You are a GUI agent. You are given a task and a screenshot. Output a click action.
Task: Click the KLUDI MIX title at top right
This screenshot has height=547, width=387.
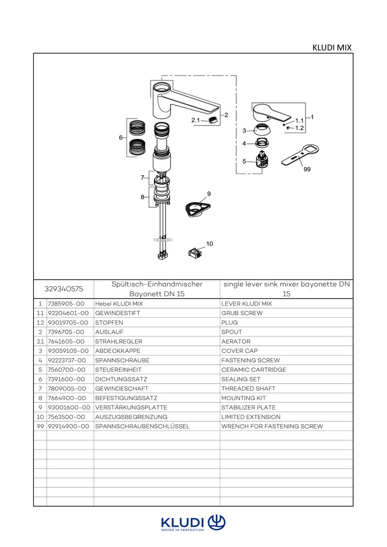coord(332,48)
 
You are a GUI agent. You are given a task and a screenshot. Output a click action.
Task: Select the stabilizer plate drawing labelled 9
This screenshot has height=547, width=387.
coord(198,209)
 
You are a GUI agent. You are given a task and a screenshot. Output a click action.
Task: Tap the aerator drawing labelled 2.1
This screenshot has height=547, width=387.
coord(214,121)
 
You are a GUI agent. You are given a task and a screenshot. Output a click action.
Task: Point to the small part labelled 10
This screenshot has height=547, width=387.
coord(195,251)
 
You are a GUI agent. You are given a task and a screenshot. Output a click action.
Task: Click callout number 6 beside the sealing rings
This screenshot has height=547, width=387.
coord(121,137)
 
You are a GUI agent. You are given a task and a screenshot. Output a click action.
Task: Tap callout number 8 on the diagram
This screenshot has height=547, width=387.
coord(143,197)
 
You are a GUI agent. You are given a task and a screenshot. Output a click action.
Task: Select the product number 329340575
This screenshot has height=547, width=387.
coord(64,289)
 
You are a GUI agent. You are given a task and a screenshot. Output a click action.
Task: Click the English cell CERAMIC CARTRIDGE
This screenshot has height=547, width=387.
coord(254,370)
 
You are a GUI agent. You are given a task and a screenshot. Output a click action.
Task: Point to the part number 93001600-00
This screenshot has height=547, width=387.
coord(69,407)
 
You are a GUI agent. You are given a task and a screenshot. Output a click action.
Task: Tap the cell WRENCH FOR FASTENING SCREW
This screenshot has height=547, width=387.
coord(272,426)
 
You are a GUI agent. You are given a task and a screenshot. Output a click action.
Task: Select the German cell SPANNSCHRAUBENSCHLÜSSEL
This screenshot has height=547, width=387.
coord(142,426)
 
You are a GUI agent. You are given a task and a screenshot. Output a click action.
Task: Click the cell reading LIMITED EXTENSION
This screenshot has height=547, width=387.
coord(251,417)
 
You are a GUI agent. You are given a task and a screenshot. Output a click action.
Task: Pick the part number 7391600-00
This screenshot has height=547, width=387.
coord(66,379)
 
